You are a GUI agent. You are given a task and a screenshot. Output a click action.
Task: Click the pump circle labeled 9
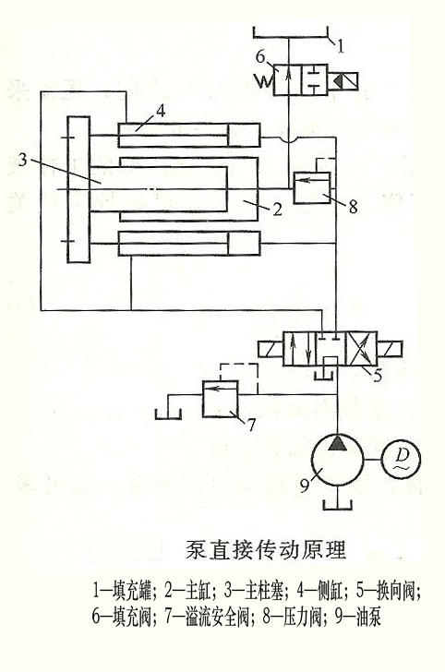click(x=311, y=460)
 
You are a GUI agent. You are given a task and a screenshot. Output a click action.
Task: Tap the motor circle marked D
click(x=401, y=460)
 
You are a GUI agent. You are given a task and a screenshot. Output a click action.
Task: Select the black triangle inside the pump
click(x=337, y=443)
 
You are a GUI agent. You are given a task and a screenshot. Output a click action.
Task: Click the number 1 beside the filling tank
click(x=340, y=45)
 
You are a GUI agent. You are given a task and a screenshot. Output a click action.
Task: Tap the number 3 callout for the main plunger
click(x=22, y=161)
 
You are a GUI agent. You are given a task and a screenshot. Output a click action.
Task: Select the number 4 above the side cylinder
click(x=161, y=111)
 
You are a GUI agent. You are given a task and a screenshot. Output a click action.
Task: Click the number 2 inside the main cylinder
click(x=277, y=210)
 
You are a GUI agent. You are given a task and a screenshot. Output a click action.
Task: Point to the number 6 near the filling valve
click(x=260, y=56)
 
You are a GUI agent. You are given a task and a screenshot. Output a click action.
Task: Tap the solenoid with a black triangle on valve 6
click(x=343, y=79)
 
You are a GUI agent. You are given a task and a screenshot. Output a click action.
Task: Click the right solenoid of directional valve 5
click(x=391, y=348)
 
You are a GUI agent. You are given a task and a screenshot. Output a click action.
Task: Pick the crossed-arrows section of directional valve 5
click(x=361, y=348)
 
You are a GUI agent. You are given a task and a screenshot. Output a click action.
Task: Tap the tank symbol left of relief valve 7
click(x=168, y=414)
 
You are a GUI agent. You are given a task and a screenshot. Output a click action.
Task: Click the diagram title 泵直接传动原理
click(x=266, y=550)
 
